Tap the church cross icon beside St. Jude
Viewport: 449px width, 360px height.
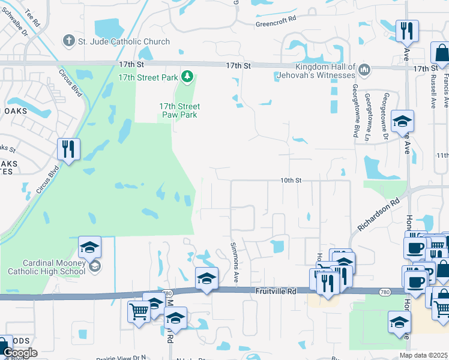pos(69,41)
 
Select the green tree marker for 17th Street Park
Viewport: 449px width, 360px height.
pos(188,77)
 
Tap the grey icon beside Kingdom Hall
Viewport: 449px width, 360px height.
pos(364,71)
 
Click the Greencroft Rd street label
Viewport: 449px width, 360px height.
pos(276,19)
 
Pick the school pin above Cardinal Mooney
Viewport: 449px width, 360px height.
pos(89,247)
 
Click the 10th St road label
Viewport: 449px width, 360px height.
pos(291,179)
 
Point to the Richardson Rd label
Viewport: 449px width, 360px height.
pos(379,215)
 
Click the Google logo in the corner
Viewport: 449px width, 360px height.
pos(19,353)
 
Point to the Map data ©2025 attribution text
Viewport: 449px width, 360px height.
pos(423,355)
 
